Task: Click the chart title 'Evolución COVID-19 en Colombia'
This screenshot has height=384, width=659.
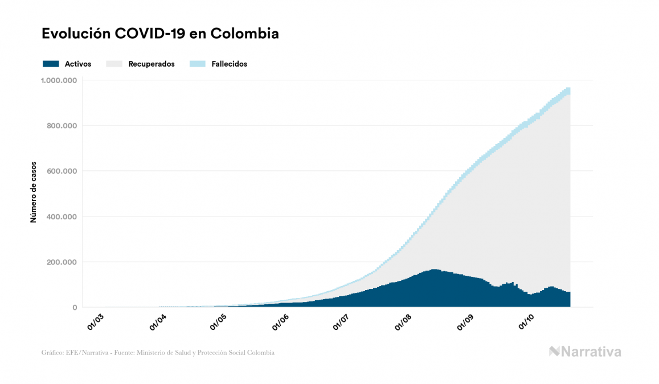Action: [x=160, y=34]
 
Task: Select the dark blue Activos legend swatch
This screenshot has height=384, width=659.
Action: [x=51, y=64]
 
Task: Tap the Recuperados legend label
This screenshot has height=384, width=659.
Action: [x=152, y=64]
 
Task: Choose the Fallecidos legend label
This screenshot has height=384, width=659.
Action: [x=229, y=64]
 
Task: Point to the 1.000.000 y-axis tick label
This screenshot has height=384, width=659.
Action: [x=59, y=80]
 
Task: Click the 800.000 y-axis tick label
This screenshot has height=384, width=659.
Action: [x=62, y=125]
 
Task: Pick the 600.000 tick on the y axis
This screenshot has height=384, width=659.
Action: [x=62, y=171]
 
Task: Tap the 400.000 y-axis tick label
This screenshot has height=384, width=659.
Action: [x=62, y=216]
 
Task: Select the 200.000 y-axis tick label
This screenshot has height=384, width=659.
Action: [x=62, y=262]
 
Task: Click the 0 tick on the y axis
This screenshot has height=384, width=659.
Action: [x=74, y=308]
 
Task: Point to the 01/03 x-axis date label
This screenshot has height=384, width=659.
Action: [x=96, y=321]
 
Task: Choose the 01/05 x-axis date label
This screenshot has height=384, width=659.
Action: [x=219, y=321]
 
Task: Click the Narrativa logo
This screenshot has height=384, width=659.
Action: [x=585, y=352]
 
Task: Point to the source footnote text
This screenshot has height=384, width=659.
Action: [x=158, y=353]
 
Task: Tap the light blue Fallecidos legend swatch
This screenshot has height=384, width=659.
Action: [x=197, y=64]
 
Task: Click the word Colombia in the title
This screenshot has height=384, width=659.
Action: [x=244, y=34]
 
